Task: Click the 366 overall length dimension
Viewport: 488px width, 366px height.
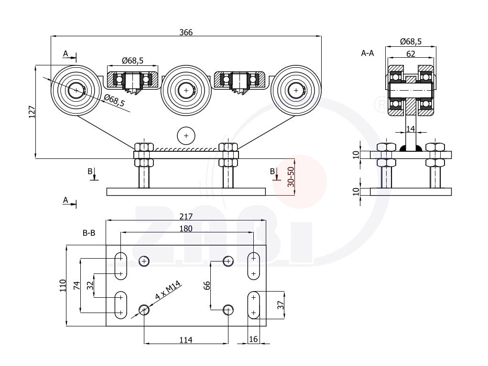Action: tap(186, 32)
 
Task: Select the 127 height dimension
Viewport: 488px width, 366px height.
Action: tap(32, 112)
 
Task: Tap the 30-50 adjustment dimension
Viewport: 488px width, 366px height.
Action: tap(290, 178)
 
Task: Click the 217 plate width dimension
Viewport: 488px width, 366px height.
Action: tap(186, 216)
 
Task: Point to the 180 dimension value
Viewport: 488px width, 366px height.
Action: tap(186, 229)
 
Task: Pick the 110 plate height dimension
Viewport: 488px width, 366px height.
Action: tap(62, 286)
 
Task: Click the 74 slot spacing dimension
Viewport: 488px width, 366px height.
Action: tap(76, 286)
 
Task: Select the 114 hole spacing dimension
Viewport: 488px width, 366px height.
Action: tap(186, 340)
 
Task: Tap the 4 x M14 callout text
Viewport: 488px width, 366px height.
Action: tap(167, 291)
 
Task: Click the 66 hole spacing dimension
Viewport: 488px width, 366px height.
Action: tap(206, 285)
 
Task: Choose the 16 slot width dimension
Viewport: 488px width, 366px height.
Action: tap(253, 339)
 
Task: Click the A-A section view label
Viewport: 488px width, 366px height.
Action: tap(368, 53)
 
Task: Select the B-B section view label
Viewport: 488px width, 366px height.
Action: tap(89, 233)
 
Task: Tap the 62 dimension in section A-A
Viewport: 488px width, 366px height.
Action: tap(411, 54)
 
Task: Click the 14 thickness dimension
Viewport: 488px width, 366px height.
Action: tap(410, 129)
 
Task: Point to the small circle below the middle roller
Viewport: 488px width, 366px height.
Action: tap(186, 136)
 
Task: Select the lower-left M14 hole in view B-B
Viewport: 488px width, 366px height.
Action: tap(144, 311)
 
